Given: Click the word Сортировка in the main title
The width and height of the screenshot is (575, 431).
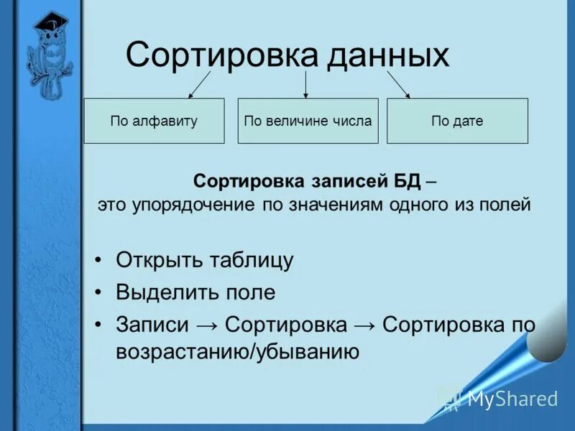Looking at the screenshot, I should pos(221,55).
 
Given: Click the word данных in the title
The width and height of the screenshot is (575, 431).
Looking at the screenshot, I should pos(388,55).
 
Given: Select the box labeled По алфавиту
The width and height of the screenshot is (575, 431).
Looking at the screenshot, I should pos(154,121).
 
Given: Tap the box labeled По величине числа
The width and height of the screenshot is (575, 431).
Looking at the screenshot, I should pos(308,121).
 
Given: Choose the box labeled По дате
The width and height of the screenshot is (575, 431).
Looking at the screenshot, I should pos(457,121).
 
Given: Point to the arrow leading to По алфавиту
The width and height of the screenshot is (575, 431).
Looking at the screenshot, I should pos(199,84).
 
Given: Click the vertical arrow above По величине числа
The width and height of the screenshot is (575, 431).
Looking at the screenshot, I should pos(306,84).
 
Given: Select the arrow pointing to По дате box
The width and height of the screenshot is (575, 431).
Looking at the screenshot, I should pos(399,84).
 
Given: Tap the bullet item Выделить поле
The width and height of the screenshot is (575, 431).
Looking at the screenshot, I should pos(195,292).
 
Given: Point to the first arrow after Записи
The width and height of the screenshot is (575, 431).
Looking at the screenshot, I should pos(207,325).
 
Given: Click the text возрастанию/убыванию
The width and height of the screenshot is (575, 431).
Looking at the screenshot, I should pos(237,352).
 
